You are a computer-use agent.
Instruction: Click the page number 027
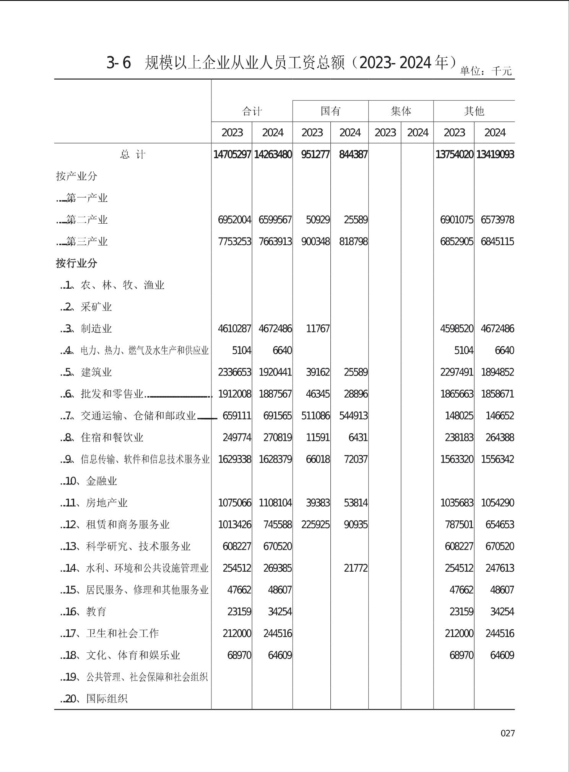pos(507,733)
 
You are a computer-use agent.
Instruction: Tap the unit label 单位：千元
pos(486,71)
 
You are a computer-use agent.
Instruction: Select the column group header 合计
pos(252,111)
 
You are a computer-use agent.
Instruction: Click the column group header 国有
pos(330,111)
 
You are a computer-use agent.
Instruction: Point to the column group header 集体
pos(401,111)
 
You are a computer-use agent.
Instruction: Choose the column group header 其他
pos(474,111)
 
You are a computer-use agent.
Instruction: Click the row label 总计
pos(133,154)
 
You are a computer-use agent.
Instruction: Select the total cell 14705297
pos(232,154)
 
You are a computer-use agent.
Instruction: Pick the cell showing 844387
pos(353,154)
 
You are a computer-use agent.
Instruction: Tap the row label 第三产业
pos(87,242)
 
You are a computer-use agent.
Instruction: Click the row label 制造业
pos(96,329)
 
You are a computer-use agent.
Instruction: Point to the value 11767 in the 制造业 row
pos(317,329)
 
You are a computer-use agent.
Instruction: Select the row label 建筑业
pos(96,372)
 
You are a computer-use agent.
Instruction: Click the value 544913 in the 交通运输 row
pos(353,416)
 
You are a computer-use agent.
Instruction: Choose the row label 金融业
pos(101,481)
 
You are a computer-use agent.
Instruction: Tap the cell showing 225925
pos(315,525)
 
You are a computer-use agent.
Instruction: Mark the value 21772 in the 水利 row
pos(355,568)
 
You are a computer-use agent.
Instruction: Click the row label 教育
pos(96,612)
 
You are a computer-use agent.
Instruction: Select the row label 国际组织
pos(107,699)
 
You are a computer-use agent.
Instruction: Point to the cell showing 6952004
pos(234,220)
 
